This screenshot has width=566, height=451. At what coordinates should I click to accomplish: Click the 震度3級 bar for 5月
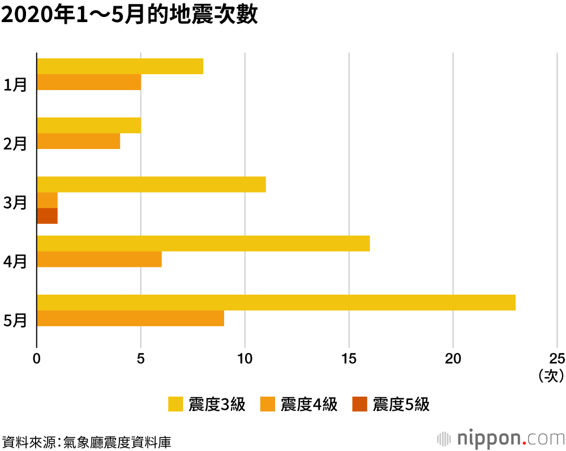[276, 303]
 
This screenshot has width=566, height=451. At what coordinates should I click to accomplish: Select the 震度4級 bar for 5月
[130, 318]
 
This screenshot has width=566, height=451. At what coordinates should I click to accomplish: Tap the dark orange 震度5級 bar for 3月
[47, 216]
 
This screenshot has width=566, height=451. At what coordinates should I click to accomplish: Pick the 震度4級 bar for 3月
[47, 201]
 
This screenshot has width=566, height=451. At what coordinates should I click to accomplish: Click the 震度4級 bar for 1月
[88, 83]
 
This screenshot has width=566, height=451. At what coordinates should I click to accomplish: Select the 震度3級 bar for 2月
[88, 125]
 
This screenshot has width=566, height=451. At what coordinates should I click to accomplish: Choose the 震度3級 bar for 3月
[151, 185]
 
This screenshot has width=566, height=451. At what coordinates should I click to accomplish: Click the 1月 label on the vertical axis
[15, 86]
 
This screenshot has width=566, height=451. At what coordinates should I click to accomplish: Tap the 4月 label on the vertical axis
[15, 262]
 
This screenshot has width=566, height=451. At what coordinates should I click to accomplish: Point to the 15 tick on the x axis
[349, 358]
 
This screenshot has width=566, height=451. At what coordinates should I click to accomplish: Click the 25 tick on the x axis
[557, 358]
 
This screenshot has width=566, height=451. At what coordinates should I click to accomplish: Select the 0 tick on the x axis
[37, 358]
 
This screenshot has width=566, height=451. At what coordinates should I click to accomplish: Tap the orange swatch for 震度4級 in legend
[268, 404]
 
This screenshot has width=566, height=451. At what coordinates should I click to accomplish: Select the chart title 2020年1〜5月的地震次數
[130, 15]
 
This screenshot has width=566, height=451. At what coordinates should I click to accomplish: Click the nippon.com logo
[501, 439]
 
